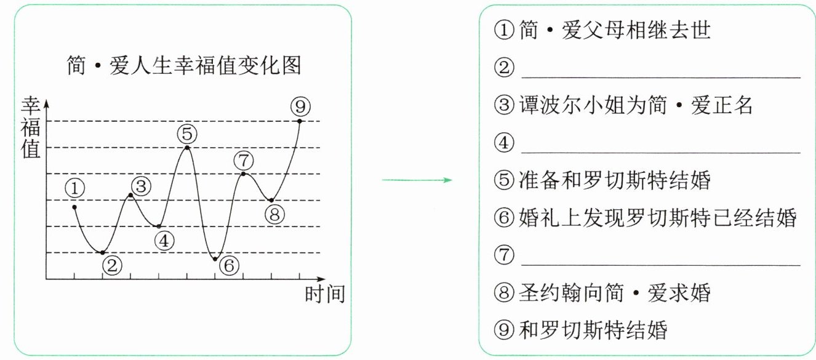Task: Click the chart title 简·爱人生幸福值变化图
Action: click(x=183, y=65)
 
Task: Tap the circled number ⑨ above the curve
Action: click(x=300, y=107)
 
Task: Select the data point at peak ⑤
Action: click(x=187, y=147)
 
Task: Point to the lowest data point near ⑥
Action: click(x=215, y=259)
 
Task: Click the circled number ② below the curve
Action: click(x=111, y=266)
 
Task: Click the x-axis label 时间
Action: click(x=324, y=294)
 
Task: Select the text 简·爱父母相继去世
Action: click(x=615, y=30)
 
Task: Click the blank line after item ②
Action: click(x=660, y=69)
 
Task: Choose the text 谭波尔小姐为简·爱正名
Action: click(x=636, y=105)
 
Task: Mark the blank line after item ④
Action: click(x=660, y=144)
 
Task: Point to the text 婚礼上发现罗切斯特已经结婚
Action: click(x=657, y=217)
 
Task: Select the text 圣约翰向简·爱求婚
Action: click(x=615, y=292)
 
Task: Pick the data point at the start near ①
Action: click(x=74, y=207)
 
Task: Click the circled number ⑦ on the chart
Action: click(x=244, y=161)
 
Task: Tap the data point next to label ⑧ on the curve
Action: click(x=271, y=200)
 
